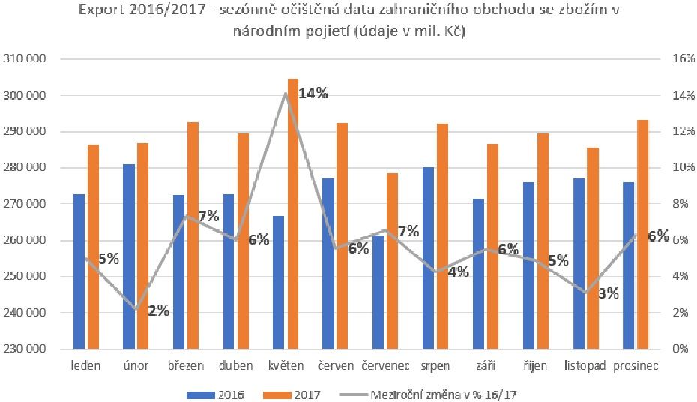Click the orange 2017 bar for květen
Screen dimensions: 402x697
coord(293,214)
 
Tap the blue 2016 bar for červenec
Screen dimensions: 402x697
coord(378,292)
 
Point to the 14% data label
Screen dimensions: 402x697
coord(313,94)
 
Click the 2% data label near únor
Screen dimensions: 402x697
coord(158,310)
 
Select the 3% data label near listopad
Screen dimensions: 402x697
coord(608,293)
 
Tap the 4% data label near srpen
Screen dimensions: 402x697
coord(458,271)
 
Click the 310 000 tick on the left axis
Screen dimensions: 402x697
coord(26,59)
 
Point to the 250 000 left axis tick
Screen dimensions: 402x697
coord(26,277)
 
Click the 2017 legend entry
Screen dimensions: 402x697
coord(307,392)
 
